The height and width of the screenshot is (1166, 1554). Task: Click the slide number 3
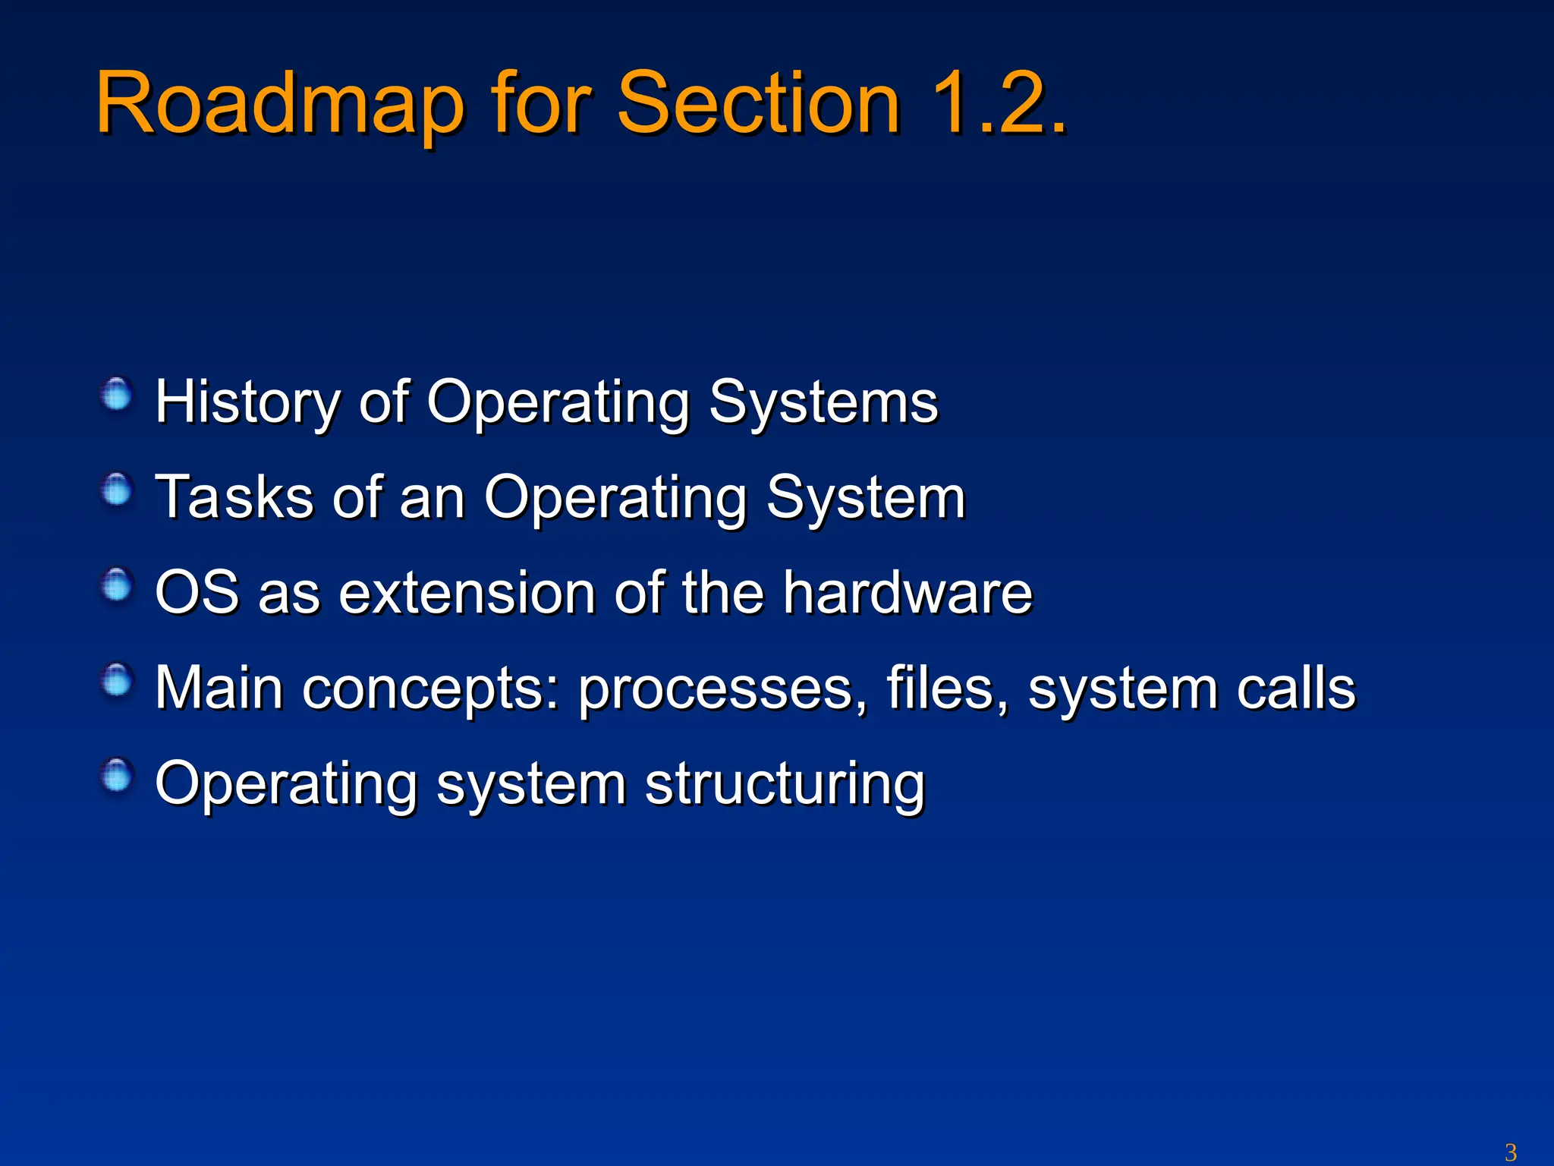[1510, 1152]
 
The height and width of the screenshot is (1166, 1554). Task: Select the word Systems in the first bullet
[823, 402]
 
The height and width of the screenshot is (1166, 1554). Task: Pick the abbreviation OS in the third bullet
[197, 592]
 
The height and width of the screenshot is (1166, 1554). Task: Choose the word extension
[467, 592]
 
